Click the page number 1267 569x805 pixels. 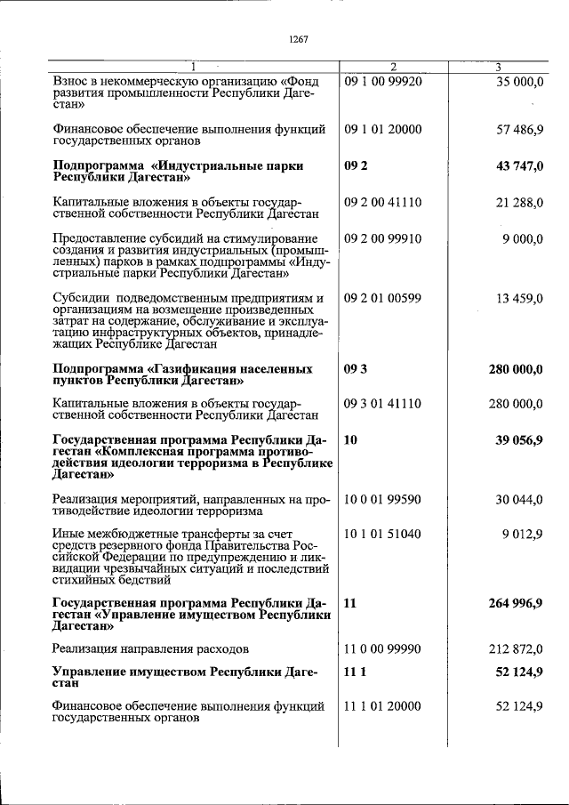[x=298, y=38]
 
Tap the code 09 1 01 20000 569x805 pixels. [x=382, y=129]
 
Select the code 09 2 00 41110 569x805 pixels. [x=382, y=203]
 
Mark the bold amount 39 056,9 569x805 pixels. [x=517, y=439]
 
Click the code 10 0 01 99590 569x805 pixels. [x=382, y=500]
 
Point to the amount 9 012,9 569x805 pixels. [x=522, y=535]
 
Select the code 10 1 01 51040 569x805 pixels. [x=382, y=535]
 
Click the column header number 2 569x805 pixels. [x=393, y=67]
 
